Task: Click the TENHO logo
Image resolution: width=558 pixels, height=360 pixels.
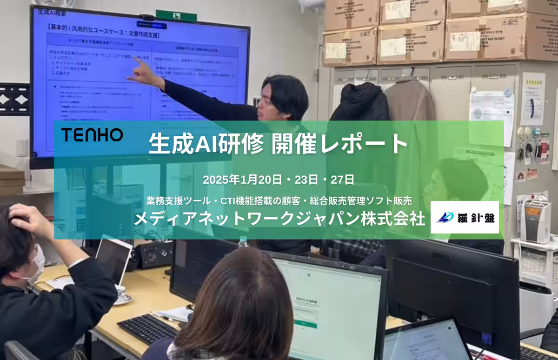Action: tap(92, 135)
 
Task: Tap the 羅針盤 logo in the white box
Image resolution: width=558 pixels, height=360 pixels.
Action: tap(464, 217)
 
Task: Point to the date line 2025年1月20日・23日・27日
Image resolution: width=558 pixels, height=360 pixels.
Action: tap(279, 180)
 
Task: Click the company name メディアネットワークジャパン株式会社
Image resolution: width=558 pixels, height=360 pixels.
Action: tap(279, 219)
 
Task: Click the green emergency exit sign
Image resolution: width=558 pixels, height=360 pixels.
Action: tap(176, 15)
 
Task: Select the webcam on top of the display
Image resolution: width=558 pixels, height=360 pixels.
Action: tap(148, 18)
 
